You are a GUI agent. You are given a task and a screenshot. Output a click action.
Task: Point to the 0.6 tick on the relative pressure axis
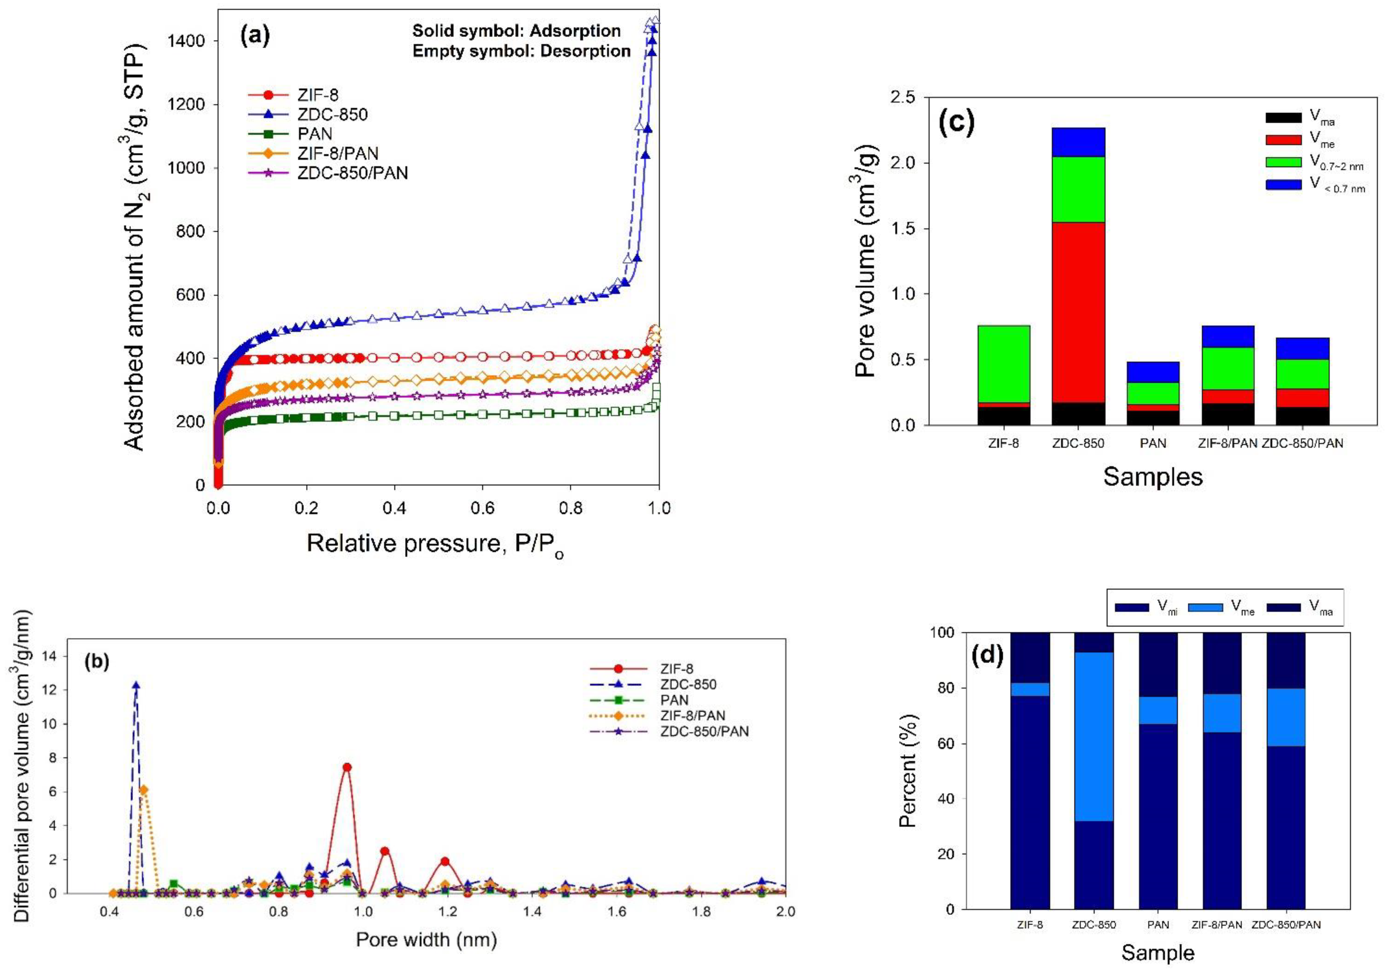click(482, 508)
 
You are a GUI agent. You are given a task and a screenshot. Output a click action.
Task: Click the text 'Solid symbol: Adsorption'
click(516, 31)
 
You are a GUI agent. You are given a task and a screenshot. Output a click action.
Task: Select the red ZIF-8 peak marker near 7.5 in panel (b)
click(346, 767)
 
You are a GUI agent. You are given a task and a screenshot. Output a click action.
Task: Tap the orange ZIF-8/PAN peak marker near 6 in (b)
click(144, 789)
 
